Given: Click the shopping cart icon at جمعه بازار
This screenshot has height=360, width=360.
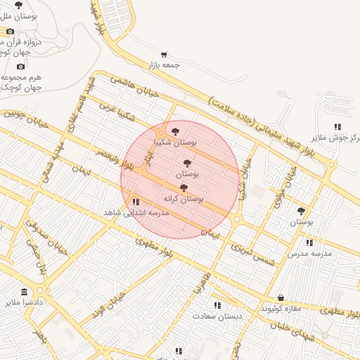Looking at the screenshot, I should tap(164, 54).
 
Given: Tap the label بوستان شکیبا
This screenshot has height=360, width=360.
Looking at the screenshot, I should tap(176, 142).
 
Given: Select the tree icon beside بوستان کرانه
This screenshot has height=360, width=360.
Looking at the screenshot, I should tap(184, 188).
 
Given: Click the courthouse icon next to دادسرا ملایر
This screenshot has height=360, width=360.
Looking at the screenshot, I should tap(25, 292).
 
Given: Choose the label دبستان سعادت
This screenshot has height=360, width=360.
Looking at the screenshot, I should tap(217, 316).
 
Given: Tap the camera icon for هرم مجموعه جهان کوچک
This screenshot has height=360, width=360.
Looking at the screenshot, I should tap(20, 66).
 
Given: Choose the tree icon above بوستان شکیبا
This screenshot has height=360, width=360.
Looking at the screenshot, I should tap(175, 131).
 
